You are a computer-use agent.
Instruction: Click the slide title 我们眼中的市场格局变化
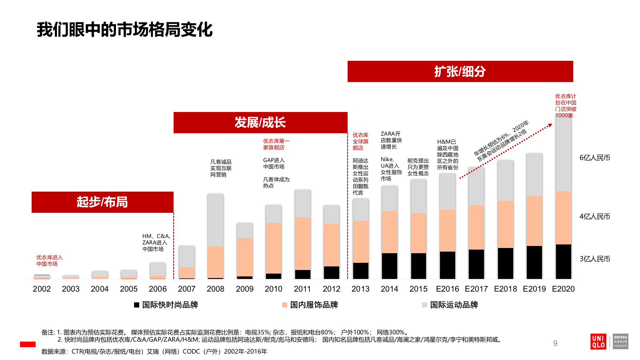pos(124,30)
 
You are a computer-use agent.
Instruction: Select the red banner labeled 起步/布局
pos(102,202)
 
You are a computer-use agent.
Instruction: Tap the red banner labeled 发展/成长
pos(260,122)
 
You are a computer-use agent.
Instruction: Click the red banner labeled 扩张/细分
pos(460,72)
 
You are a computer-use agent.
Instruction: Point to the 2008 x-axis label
pos(216,289)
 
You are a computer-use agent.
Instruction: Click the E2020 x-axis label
pos(563,289)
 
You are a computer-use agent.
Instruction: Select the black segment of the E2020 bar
pos(564,262)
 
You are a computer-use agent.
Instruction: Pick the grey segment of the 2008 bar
pos(216,220)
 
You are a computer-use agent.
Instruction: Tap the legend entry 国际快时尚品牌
pos(166,305)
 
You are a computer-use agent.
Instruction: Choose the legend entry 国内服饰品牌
pos(310,305)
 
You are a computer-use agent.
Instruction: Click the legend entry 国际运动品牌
pos(450,305)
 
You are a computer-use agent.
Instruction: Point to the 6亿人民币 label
pos(595,158)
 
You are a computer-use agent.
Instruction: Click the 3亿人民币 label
pos(595,259)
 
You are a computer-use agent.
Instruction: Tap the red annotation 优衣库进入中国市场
pos(49,260)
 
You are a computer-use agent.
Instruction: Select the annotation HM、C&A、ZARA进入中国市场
pos(156,242)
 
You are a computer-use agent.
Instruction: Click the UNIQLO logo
pos(598,341)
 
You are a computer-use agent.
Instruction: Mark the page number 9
pos(555,343)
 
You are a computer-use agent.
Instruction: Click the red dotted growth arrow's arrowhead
pos(550,126)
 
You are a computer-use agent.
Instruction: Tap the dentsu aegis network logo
pos(620,341)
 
